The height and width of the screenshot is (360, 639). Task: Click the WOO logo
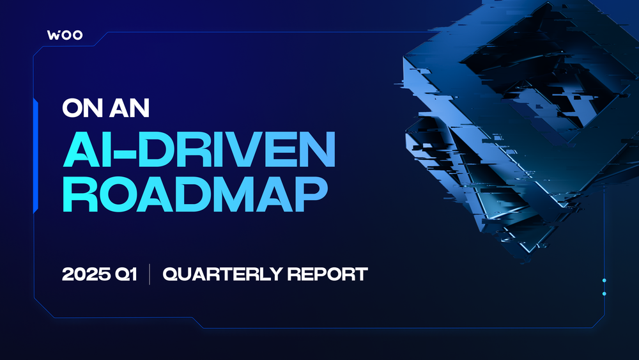(65, 35)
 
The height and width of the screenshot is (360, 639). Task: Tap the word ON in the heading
(81, 107)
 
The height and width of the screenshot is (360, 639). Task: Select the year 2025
(85, 274)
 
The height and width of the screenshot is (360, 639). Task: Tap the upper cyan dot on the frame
(604, 281)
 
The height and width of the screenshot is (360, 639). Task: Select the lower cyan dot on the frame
(604, 293)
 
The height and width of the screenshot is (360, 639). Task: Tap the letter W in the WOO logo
(54, 35)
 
